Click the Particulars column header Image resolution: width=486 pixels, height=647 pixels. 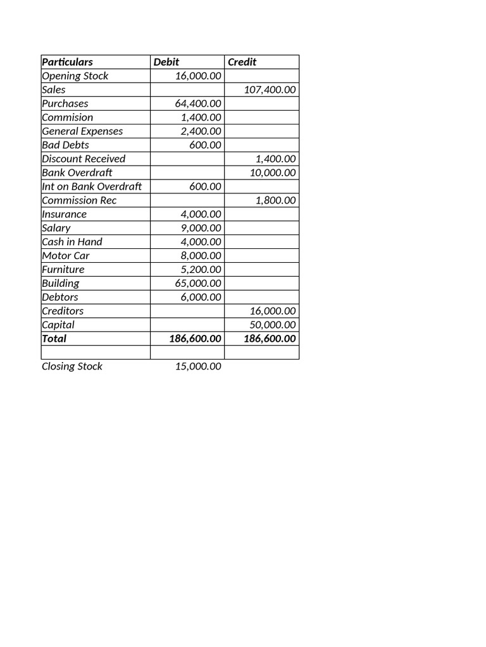pos(67,62)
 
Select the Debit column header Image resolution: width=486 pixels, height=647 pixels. pos(166,62)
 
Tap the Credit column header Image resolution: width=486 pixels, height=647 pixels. pos(242,62)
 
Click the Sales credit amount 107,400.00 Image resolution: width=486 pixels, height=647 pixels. pos(270,90)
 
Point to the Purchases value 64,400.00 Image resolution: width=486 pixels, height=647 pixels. pos(198,104)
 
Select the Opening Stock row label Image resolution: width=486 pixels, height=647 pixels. pos(75,76)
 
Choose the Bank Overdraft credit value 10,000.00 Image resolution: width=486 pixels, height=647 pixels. pos(273,172)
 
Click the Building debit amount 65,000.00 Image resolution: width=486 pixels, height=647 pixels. pos(198,283)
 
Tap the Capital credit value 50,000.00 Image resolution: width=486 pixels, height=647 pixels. pos(273,325)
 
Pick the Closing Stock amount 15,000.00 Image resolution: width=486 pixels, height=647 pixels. pos(198,366)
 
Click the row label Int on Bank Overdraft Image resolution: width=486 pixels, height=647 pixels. pos(92,186)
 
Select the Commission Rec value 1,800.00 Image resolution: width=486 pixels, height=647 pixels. pos(275,200)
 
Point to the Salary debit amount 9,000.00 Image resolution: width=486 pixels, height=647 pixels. pos(201,228)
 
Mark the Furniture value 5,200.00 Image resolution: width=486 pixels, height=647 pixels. pos(201,269)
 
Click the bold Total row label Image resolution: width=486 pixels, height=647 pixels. pos(54,339)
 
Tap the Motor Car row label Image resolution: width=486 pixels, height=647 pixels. pos(65,256)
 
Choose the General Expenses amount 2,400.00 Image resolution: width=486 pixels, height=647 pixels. pos(201,131)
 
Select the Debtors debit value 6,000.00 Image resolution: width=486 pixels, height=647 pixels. pos(201,297)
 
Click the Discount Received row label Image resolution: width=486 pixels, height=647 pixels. pos(84,159)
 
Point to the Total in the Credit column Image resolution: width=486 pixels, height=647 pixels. pos(270,339)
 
